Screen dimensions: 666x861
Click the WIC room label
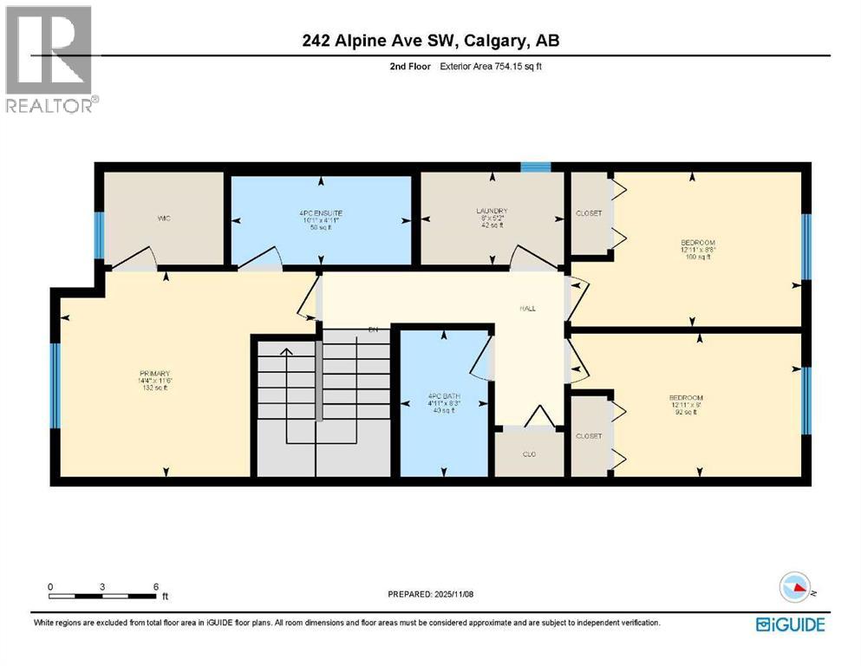coord(163,219)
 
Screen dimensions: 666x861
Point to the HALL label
coord(526,307)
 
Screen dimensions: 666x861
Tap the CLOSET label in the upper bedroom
coord(589,214)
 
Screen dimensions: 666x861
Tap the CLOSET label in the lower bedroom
coord(589,436)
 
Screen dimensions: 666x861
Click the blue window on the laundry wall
coord(535,167)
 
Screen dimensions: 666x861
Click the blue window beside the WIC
coord(99,236)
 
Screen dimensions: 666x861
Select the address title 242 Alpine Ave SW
coord(430,41)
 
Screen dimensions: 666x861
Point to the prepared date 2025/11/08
coord(430,594)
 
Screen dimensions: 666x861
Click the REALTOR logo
coord(49,59)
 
